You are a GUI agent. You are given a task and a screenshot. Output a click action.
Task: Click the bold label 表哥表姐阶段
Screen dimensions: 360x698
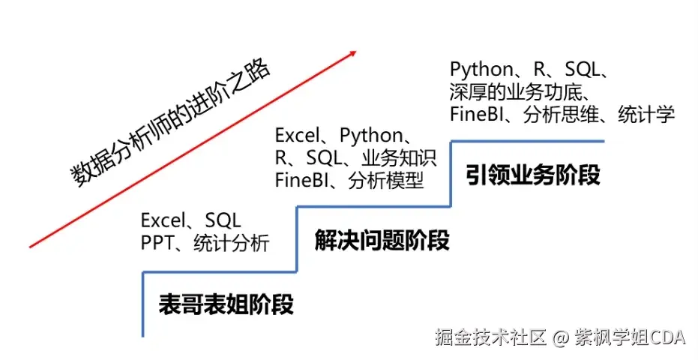click(226, 304)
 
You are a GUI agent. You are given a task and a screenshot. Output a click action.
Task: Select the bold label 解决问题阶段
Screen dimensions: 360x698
click(382, 241)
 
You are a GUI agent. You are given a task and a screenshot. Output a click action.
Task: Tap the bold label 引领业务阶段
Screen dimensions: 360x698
click(532, 175)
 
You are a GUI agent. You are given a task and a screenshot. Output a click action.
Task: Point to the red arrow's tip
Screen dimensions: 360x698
click(355, 52)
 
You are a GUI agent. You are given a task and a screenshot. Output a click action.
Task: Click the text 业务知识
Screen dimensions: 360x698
click(398, 158)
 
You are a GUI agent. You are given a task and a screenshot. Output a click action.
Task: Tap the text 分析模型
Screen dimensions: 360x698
click(385, 181)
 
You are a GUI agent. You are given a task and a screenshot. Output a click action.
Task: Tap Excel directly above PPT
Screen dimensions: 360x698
click(162, 220)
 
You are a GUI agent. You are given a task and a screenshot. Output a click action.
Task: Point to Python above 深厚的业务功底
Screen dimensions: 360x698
click(481, 70)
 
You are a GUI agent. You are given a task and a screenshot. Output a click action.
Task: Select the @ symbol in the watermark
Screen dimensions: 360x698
click(562, 337)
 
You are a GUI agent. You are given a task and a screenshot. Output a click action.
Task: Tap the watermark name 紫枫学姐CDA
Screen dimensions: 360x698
click(630, 337)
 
